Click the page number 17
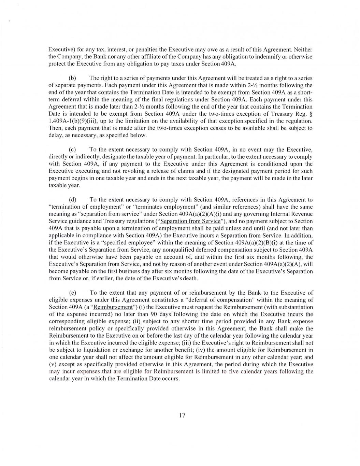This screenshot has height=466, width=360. pyautogui.click(x=182, y=415)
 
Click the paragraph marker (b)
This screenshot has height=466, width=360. pyautogui.click(x=72, y=79)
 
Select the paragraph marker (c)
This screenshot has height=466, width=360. pyautogui.click(x=72, y=150)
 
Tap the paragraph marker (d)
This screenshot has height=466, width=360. pyautogui.click(x=72, y=199)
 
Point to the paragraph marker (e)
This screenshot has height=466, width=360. pyautogui.click(x=72, y=293)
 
